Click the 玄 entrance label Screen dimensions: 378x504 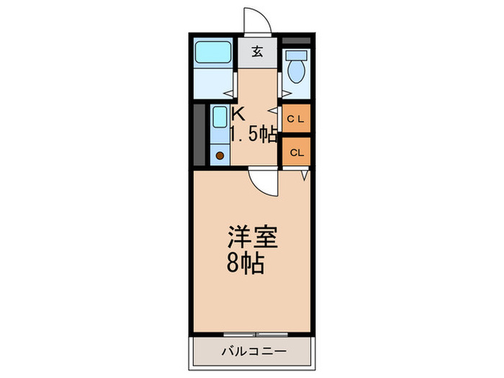coord(257,52)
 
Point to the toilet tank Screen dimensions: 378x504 coord(294,54)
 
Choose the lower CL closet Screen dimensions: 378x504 coord(295,153)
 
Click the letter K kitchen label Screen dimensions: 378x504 coord(238,113)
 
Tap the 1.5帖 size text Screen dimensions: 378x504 coord(253,134)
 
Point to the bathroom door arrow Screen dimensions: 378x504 coord(227,92)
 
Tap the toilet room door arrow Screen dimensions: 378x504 coord(284,92)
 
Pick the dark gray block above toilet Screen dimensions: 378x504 coord(296,39)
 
